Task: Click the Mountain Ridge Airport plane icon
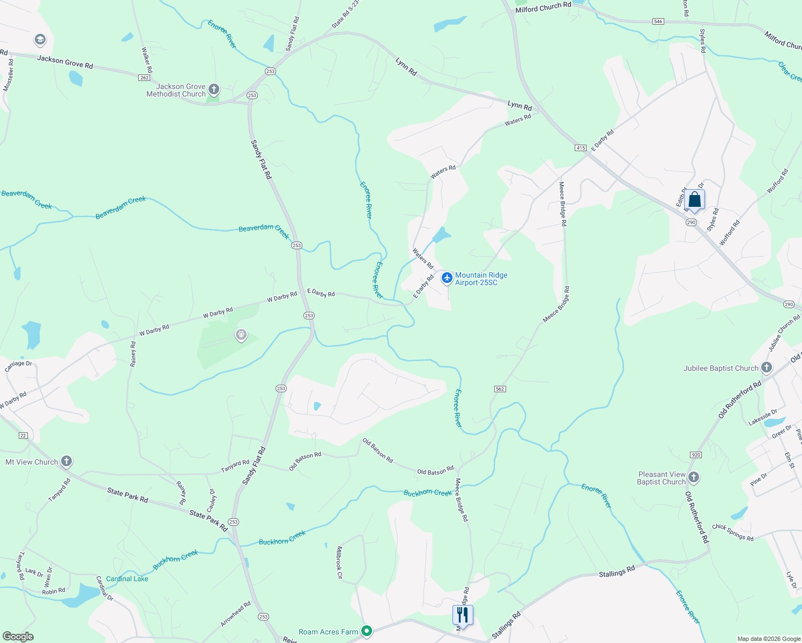coord(447,278)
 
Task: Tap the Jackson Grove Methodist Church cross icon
coord(214,89)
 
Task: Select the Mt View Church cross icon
coord(66,461)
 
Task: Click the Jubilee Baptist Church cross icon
coord(767,368)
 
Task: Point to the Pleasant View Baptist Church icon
coord(694,477)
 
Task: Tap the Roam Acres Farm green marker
coord(367,631)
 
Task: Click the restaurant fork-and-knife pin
coord(463,615)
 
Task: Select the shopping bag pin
coord(694,200)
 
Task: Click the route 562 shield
coord(500,389)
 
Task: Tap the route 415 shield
coord(580,148)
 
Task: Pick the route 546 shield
coord(658,21)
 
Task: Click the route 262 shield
coord(144,78)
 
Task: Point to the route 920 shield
coord(696,455)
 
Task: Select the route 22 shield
coord(23,436)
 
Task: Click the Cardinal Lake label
coord(127,579)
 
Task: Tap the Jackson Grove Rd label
coord(65,62)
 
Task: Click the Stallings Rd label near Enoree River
coord(617,572)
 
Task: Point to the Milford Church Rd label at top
coord(543,7)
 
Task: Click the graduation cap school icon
coord(40,40)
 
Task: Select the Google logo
coord(18,636)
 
